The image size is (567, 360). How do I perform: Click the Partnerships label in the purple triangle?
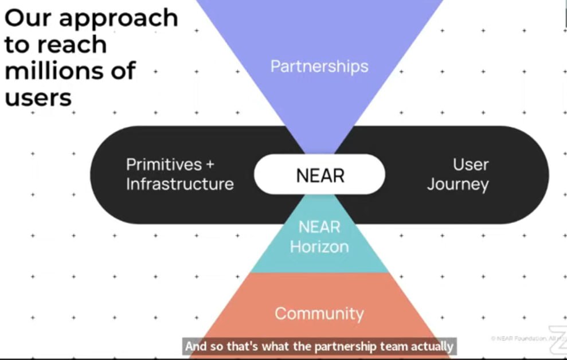(319, 66)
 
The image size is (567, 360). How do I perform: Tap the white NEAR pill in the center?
(320, 175)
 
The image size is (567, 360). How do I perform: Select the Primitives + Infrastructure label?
(179, 174)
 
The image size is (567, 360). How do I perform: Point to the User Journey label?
(458, 174)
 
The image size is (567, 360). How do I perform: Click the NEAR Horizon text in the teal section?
(319, 237)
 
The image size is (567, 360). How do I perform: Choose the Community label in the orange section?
(319, 314)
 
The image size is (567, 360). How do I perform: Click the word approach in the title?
(126, 19)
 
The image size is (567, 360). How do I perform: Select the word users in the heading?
(38, 97)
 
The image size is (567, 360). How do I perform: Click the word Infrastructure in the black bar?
(179, 184)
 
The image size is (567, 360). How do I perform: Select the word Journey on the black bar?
(458, 185)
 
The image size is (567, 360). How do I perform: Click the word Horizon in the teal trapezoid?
(319, 246)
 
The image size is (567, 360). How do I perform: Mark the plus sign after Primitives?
(209, 165)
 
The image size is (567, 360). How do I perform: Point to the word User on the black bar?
(471, 165)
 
